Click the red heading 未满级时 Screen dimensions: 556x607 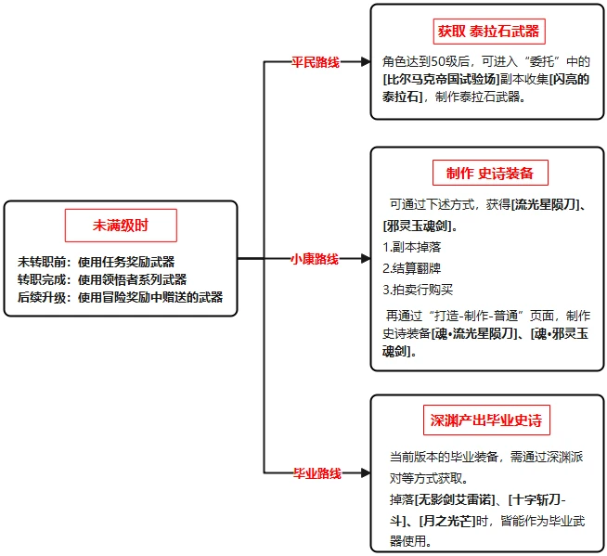[x=121, y=226]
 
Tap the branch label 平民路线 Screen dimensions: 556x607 [x=316, y=63]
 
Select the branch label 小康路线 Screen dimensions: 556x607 [x=315, y=258]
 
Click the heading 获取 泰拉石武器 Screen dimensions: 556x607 [x=488, y=31]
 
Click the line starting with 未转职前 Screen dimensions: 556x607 [x=96, y=262]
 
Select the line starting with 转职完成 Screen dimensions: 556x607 [x=102, y=279]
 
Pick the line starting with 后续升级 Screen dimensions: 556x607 [x=120, y=297]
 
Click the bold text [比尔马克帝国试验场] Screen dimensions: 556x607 [x=444, y=79]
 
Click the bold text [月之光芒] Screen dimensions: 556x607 [x=446, y=520]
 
